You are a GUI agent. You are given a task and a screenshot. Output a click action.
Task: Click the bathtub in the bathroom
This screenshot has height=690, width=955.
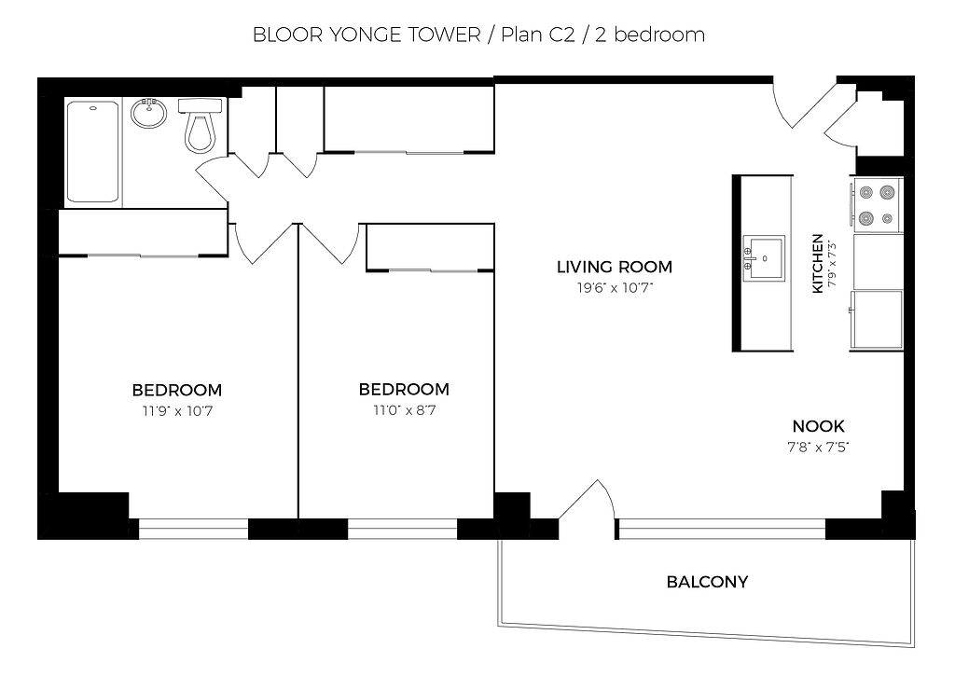point(92,152)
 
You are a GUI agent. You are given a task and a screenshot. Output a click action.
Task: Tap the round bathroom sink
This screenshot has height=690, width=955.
point(148,113)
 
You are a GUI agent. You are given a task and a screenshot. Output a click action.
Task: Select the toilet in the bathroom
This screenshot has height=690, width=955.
point(201,126)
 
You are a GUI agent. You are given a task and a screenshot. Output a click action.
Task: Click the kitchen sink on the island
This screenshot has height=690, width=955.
point(764,258)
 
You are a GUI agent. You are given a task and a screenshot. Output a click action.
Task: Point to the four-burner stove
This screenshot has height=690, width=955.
point(877,204)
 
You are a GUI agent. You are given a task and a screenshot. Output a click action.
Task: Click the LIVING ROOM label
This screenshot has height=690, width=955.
point(615,267)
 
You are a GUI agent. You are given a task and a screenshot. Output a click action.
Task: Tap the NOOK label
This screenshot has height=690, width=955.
point(818,426)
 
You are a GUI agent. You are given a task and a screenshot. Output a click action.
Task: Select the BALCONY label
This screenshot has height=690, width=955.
point(707,582)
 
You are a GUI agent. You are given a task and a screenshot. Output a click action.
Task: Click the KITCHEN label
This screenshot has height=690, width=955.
point(818,263)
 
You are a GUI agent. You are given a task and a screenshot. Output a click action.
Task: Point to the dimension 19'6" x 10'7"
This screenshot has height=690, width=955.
point(615,287)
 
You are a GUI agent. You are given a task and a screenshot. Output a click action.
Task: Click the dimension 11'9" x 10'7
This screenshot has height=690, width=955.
point(177,411)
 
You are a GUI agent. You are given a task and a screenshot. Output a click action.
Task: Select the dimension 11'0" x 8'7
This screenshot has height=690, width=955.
point(405,410)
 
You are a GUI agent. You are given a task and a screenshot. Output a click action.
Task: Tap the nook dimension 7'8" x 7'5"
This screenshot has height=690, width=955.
point(818,447)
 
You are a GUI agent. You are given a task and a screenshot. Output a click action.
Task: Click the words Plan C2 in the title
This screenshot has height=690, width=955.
point(538,34)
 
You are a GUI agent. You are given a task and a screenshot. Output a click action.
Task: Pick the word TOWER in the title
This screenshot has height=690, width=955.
point(445,34)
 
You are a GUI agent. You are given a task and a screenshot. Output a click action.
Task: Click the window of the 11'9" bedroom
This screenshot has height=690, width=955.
point(194,529)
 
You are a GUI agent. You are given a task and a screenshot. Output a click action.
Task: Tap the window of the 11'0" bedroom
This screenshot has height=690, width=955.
point(403,529)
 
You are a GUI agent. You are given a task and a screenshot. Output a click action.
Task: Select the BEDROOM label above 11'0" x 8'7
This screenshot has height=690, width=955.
point(404,389)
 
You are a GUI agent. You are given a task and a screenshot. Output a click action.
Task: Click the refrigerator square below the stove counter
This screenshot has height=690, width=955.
point(877,319)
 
